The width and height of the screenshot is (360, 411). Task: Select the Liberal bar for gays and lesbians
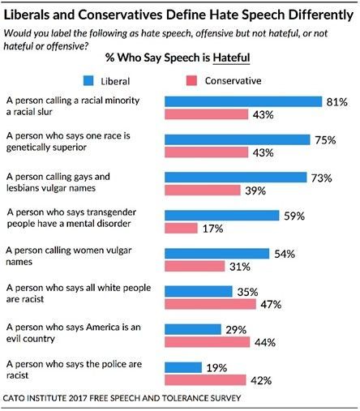[x=236, y=177]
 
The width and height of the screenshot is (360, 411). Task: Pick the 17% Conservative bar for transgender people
[x=181, y=228]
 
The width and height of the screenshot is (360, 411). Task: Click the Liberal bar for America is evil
[x=193, y=329]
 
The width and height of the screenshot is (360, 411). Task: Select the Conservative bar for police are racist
[x=206, y=379]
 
